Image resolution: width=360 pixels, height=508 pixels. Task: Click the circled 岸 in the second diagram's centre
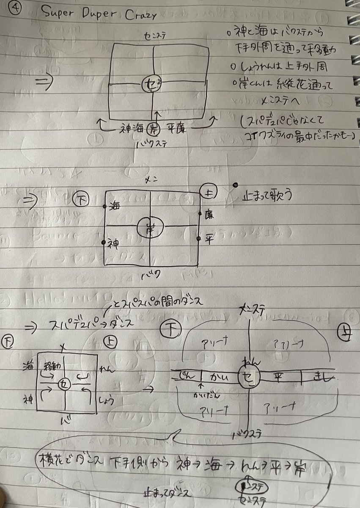(x=149, y=228)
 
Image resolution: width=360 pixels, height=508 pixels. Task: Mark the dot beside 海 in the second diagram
(x=104, y=206)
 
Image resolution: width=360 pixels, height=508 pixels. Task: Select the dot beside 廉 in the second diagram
(x=200, y=213)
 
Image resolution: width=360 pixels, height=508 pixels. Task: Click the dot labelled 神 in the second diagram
(x=103, y=242)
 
